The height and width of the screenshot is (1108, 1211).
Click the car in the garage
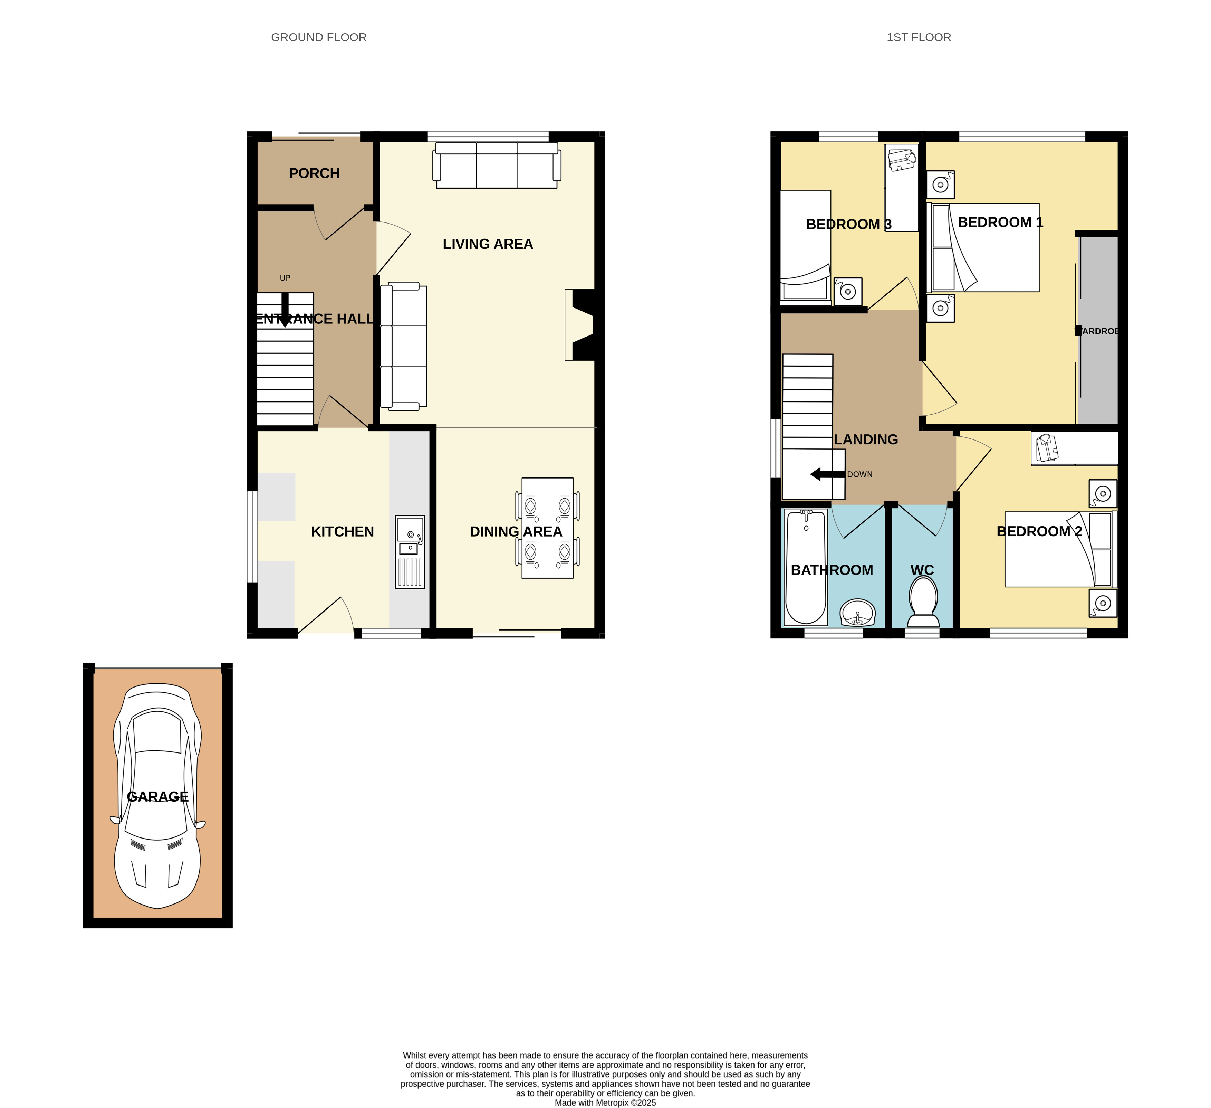pos(157,796)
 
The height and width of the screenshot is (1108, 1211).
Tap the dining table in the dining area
pos(547,528)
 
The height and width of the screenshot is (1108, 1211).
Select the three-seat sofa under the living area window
pos(497,165)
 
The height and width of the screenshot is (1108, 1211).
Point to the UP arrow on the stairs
pos(285,310)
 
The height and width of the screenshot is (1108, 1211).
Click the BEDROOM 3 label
pos(849,225)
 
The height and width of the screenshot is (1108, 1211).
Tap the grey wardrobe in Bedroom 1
pos(1099,331)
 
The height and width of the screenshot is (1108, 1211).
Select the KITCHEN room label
pos(343,532)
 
